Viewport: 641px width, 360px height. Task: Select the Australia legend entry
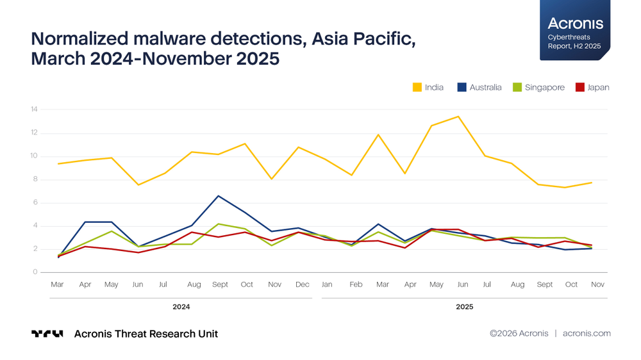479,87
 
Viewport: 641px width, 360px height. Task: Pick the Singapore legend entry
538,87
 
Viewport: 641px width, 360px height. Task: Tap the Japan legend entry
592,87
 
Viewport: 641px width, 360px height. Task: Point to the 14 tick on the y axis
34,110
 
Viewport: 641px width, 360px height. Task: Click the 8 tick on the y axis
35,179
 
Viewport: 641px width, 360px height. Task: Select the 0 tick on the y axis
35,272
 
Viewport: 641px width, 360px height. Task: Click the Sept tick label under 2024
220,284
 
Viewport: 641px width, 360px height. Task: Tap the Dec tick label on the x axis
302,284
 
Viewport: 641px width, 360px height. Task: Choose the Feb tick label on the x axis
356,284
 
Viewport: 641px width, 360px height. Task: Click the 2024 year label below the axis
181,307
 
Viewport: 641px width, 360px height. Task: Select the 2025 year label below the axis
465,307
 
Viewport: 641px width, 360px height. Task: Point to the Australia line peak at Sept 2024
220,196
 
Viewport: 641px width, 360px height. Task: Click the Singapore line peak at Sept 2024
220,224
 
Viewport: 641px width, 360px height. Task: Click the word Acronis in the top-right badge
575,24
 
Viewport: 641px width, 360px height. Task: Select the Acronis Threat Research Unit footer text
146,334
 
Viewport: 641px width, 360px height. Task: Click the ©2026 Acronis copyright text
519,333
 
